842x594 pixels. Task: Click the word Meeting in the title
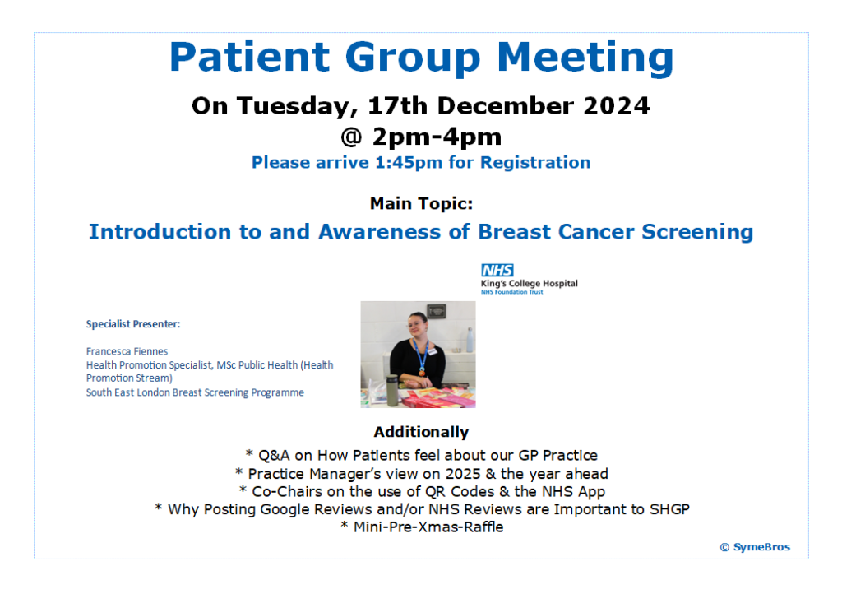(x=585, y=58)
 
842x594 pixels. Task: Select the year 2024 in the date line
(x=609, y=106)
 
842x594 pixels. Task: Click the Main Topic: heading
(x=421, y=203)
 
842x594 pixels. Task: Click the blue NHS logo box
(x=497, y=270)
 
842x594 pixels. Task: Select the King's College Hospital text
(x=529, y=284)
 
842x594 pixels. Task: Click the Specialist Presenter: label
(x=133, y=324)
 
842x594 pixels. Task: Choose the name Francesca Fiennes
(x=127, y=351)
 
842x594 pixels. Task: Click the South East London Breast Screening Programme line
(x=195, y=392)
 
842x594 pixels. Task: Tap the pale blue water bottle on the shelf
(x=468, y=340)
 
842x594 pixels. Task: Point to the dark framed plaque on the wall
(x=437, y=310)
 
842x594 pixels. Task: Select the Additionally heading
(x=421, y=432)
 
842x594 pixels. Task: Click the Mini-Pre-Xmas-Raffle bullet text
(x=421, y=527)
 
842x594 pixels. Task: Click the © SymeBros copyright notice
(x=755, y=547)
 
